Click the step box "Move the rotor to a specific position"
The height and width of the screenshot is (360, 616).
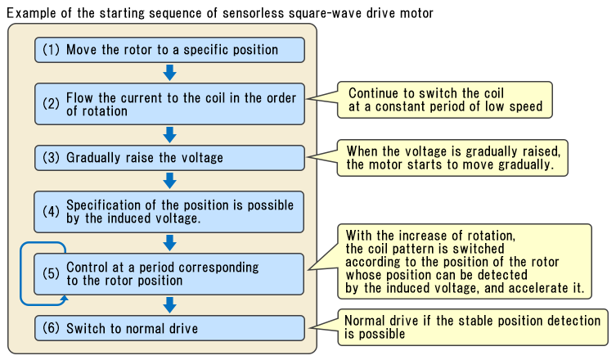(x=169, y=50)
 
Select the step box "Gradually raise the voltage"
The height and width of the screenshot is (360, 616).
(x=169, y=157)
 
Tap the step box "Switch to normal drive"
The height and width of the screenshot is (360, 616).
(x=169, y=329)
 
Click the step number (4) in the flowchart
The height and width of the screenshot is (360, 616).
(x=51, y=211)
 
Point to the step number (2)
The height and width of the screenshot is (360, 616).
(x=51, y=104)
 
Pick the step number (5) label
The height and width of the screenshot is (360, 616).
(x=51, y=273)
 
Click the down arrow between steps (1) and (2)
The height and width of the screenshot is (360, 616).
(x=169, y=72)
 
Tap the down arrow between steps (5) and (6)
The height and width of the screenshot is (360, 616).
(x=169, y=305)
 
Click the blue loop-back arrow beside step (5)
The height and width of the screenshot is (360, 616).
(x=25, y=273)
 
